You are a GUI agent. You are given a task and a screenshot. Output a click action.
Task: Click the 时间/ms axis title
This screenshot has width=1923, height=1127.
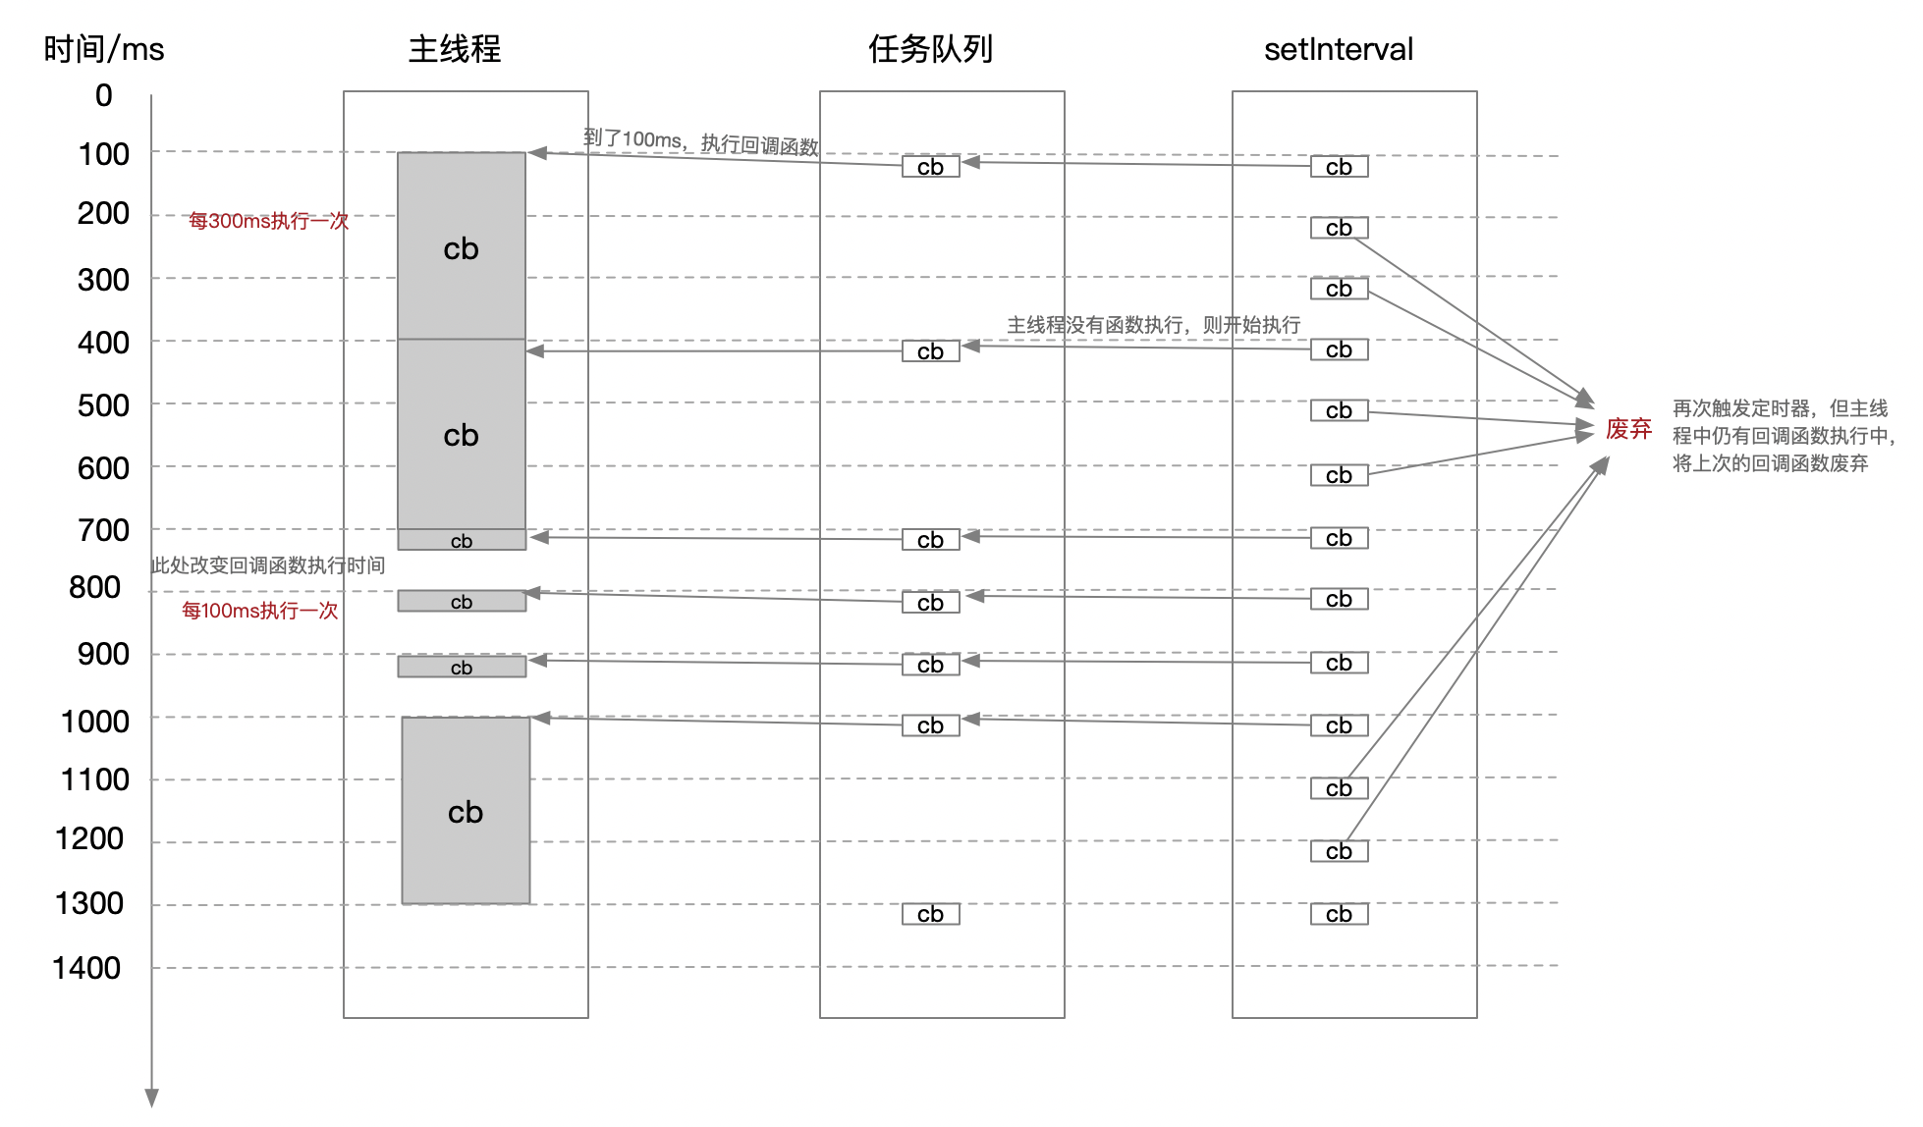(x=104, y=49)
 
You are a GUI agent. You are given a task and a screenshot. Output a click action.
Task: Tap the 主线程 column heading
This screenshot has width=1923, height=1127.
(x=455, y=49)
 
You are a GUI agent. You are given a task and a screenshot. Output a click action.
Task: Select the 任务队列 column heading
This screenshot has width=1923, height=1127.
(x=930, y=49)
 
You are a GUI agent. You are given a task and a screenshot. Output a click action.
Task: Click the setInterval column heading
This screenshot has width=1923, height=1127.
(x=1338, y=49)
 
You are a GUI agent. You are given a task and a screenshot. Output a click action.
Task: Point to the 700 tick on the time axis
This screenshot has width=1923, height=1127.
(x=103, y=530)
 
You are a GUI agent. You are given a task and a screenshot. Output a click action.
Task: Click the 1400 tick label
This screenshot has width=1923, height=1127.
(x=86, y=968)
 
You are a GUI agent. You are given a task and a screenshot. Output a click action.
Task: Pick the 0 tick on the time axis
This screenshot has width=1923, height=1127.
(x=103, y=95)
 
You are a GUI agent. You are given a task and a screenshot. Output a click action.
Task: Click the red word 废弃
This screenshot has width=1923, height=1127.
(x=1628, y=429)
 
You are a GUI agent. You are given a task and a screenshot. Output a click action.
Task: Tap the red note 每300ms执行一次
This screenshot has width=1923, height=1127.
(x=268, y=221)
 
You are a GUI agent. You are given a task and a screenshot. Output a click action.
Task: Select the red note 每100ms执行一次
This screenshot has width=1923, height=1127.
(x=259, y=611)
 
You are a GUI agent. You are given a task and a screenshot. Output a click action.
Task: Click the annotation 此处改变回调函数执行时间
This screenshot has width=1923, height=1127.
(x=267, y=565)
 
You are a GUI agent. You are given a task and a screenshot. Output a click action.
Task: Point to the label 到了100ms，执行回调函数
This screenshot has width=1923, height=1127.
(x=700, y=142)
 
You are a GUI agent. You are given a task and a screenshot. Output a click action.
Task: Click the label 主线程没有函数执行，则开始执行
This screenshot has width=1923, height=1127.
(x=1153, y=325)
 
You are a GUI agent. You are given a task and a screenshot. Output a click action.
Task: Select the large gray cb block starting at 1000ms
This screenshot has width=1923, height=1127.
(x=466, y=811)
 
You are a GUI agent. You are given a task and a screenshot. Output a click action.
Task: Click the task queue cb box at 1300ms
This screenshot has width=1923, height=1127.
(x=930, y=914)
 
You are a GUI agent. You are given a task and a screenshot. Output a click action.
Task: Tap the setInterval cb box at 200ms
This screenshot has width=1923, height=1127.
(x=1339, y=228)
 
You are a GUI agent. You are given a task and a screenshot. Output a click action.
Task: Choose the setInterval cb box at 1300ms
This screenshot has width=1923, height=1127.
(x=1339, y=914)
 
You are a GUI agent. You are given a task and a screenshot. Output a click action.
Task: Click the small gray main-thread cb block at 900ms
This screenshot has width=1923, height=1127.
(x=462, y=668)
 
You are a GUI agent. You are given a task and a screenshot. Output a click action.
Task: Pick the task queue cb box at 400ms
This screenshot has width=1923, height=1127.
(x=930, y=351)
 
